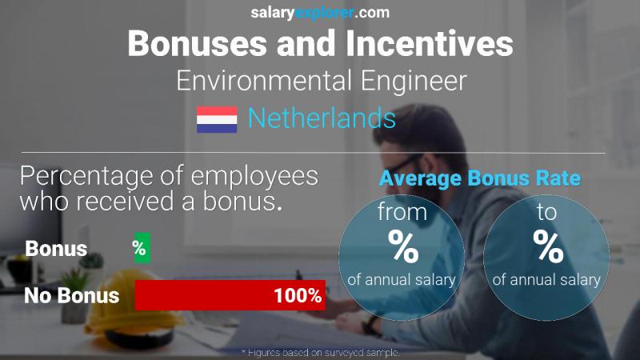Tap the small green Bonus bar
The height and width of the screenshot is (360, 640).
140,249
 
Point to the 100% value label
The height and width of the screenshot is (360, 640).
298,295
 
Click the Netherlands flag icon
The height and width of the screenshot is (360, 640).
217,119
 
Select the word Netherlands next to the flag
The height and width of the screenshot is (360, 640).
322,118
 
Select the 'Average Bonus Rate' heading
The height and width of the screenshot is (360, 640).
479,178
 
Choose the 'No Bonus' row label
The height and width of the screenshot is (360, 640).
72,295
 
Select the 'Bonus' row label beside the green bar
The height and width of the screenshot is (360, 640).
56,249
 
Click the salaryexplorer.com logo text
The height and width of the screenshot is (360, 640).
320,12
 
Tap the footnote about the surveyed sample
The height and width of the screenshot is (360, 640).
320,352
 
